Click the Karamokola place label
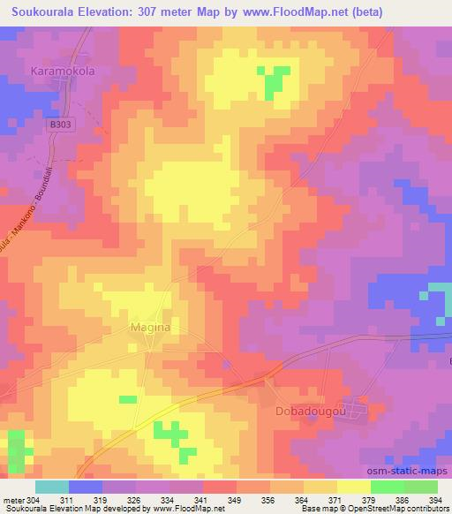(x=64, y=69)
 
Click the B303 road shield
(x=59, y=126)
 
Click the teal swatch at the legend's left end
(x=52, y=487)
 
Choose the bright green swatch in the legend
(x=387, y=487)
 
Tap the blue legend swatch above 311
(x=86, y=487)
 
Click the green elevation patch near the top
(x=275, y=80)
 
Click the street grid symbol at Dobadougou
(x=356, y=407)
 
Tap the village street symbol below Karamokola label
(x=63, y=84)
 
